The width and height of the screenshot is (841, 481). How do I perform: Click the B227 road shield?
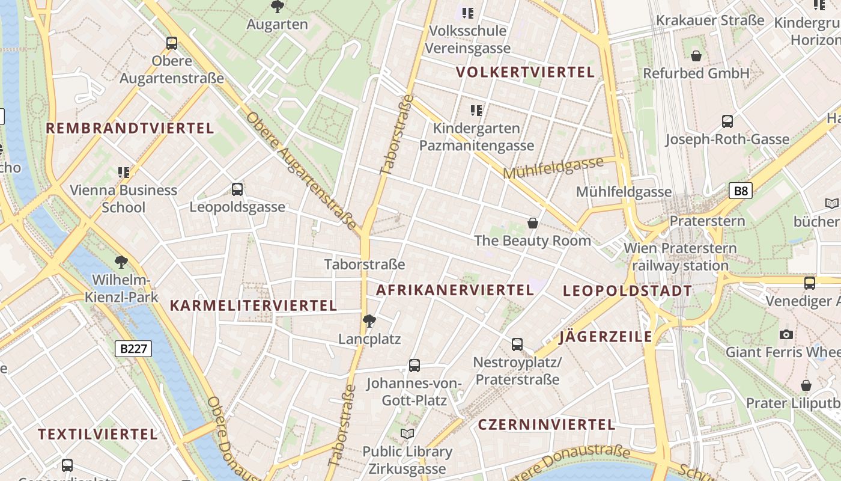coord(133,349)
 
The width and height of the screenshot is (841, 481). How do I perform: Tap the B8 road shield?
coord(741,191)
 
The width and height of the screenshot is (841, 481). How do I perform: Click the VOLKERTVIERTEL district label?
coord(525,73)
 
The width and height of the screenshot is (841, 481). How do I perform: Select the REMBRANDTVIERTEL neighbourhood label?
coord(130,128)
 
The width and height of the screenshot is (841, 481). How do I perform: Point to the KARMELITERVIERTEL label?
coord(253,305)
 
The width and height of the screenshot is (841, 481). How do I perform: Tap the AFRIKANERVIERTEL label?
coord(455,290)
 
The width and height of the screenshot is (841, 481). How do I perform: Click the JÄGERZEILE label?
coord(606,337)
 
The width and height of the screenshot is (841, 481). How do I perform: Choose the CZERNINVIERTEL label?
coord(547,424)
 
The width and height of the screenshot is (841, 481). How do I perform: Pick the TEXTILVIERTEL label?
coord(98,434)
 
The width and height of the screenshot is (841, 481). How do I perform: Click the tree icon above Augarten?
coord(278,7)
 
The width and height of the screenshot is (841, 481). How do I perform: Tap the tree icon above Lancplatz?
coord(369,321)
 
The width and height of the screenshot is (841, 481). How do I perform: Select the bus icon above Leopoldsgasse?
coord(237,189)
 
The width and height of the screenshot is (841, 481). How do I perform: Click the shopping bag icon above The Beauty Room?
coord(532,223)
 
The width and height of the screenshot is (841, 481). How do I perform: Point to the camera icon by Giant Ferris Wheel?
coord(786,334)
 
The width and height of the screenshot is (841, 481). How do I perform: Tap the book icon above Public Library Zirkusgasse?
coord(407,434)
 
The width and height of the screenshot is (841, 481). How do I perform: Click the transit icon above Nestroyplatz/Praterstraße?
coord(517,345)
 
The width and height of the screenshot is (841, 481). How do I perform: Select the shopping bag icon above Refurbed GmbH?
coord(696,56)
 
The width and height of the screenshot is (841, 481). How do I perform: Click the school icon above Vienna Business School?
coord(124,173)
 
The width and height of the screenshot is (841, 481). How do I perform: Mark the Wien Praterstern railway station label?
coord(680,257)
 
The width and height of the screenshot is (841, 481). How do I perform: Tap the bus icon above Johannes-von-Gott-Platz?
coord(414,365)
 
